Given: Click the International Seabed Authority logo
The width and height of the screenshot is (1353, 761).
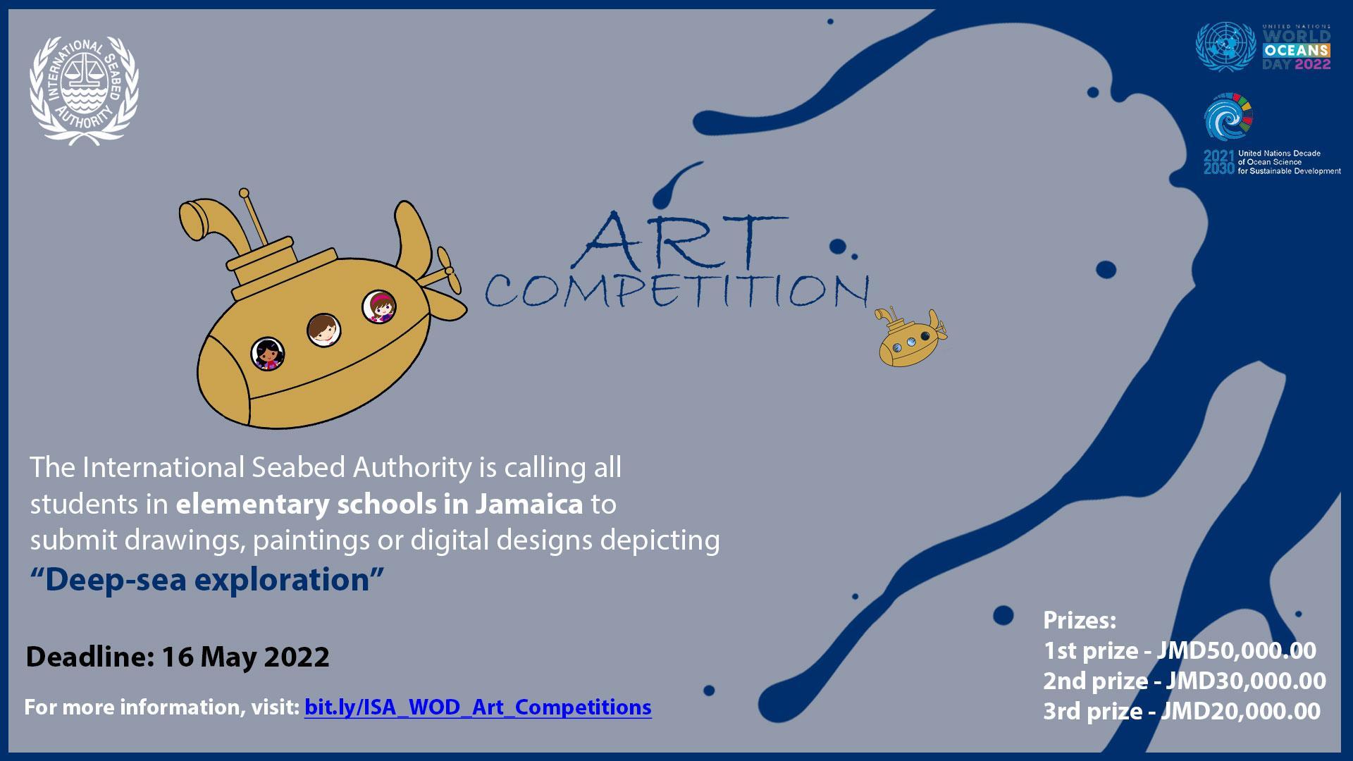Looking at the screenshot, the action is point(84,91).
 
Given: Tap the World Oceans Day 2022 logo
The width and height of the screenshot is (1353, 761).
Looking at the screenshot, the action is point(1263,47).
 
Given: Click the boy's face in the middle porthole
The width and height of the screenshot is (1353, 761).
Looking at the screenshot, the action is point(324,330).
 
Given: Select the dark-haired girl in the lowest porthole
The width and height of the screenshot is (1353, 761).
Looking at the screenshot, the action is point(268,354).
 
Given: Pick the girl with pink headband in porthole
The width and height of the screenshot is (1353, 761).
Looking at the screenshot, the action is point(379,307).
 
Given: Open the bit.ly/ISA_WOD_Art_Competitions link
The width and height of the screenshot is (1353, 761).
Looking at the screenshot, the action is point(478,707).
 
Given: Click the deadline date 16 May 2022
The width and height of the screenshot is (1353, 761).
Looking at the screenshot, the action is point(245,657).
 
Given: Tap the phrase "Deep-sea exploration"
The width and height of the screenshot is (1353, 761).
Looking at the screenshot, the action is point(207,579).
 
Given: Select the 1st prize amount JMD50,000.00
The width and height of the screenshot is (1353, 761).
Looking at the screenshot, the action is point(1236,650).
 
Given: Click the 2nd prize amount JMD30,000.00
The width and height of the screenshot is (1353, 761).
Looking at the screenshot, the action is point(1246,681).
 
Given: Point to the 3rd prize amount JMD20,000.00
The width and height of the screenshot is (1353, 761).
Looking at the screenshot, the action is point(1240,711).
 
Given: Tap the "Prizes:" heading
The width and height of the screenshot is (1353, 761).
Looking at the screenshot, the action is point(1080,620).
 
